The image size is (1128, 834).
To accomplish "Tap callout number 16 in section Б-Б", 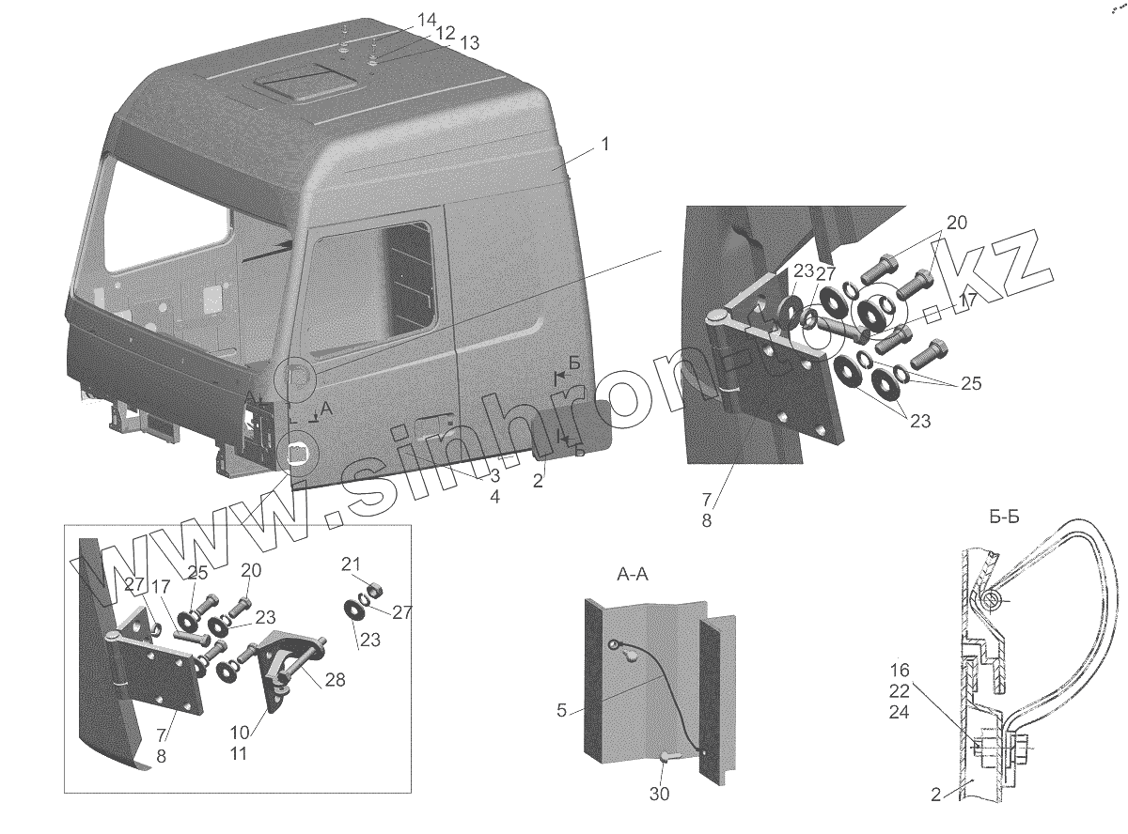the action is coord(901,670).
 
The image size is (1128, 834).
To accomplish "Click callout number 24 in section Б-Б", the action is coord(901,711).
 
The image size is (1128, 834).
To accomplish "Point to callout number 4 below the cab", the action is coord(494,496).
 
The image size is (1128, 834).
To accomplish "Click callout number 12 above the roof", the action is coord(444,32).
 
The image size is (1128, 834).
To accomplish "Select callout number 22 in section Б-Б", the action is coord(901,690).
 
